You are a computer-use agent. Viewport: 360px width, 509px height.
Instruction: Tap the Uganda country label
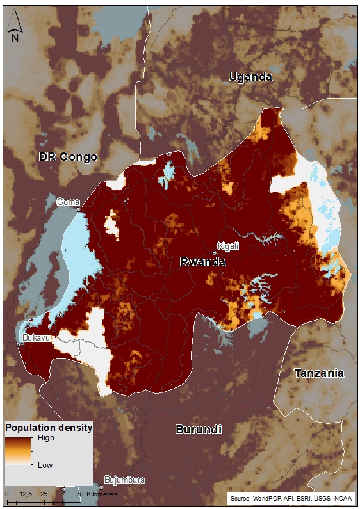click(250, 77)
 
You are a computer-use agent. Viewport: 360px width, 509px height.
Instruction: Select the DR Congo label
click(68, 157)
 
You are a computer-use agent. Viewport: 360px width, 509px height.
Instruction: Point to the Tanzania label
click(318, 373)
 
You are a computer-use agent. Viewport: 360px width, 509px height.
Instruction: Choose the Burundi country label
click(198, 430)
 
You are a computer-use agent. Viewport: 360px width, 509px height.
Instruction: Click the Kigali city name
click(228, 246)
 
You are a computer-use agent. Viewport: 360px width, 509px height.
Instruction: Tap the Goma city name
click(68, 202)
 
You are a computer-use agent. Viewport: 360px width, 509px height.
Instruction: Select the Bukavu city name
click(36, 337)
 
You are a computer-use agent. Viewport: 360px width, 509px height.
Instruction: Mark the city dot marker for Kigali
click(215, 253)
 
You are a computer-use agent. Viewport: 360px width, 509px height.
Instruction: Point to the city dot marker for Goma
click(78, 209)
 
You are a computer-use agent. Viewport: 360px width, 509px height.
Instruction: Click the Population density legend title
click(49, 427)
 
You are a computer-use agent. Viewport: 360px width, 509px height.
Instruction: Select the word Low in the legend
click(45, 465)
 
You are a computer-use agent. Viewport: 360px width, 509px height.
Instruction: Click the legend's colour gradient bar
click(20, 452)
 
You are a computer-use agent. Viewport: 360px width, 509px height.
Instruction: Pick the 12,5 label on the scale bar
click(26, 494)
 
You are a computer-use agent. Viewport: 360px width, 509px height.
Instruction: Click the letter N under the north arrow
click(15, 38)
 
